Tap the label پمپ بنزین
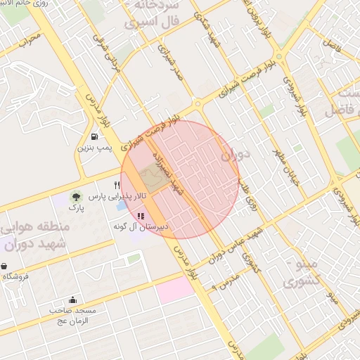coord(94,148)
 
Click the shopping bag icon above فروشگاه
coord(6,266)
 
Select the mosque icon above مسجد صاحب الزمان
coord(73,300)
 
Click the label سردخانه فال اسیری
coord(153,14)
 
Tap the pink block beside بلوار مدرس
coord(174,290)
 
